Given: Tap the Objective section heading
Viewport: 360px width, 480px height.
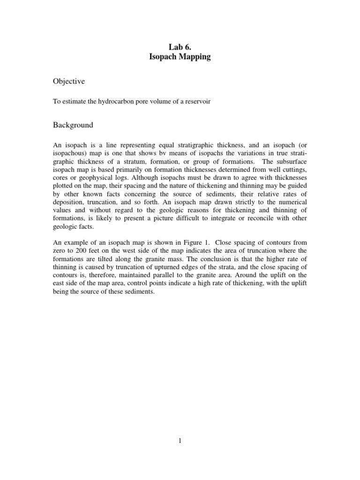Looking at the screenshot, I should tap(68, 81).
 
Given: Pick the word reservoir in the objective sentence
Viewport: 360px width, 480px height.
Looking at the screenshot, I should tap(195, 102).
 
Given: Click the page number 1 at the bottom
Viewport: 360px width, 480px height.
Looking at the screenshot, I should tap(180, 441).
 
